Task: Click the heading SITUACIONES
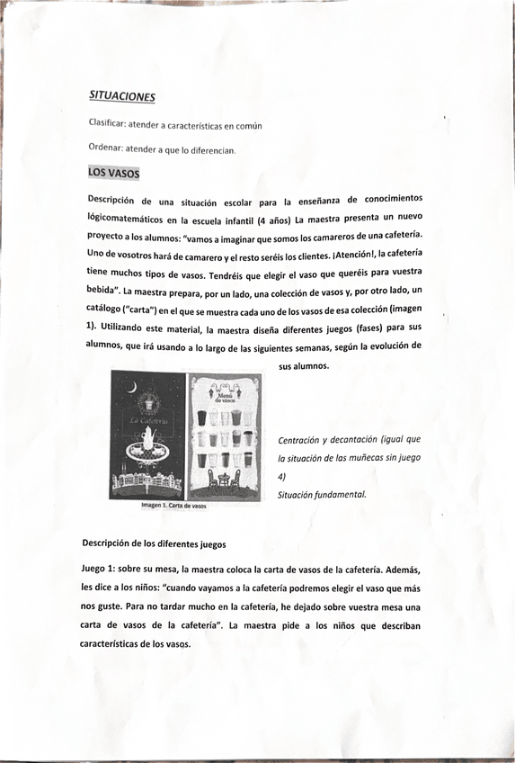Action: (x=122, y=95)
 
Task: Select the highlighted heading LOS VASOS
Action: (x=113, y=173)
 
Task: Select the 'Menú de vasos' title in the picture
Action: (x=223, y=394)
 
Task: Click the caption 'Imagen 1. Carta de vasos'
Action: (x=173, y=507)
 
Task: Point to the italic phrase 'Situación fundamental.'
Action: (x=322, y=494)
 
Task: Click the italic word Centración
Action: (x=301, y=440)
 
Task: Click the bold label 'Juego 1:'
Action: (x=101, y=569)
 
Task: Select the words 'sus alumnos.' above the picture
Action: (x=304, y=365)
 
